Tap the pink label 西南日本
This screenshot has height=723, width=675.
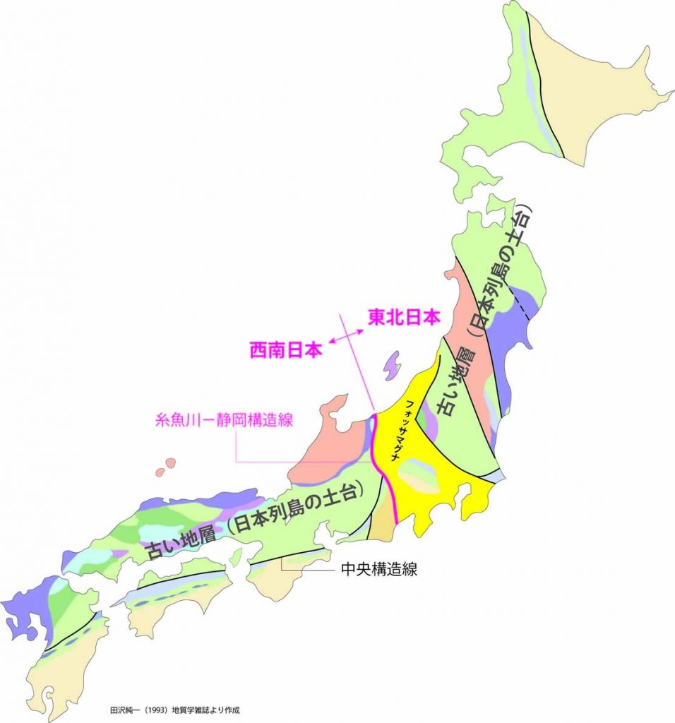pyautogui.click(x=287, y=349)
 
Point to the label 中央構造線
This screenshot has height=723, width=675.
pyautogui.click(x=378, y=569)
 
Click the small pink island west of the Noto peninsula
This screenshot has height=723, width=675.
pyautogui.click(x=169, y=464)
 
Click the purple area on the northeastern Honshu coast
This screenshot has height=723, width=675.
pyautogui.click(x=510, y=332)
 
